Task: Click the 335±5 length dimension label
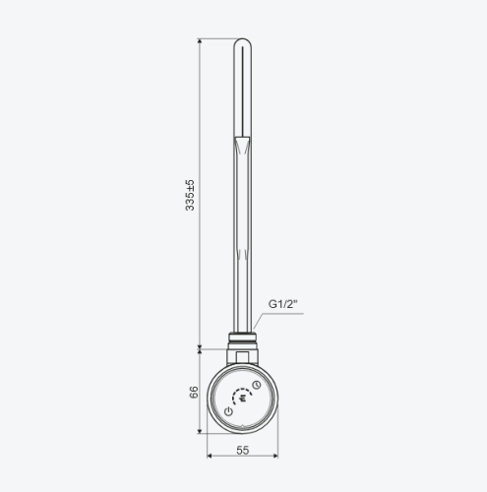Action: pyautogui.click(x=190, y=195)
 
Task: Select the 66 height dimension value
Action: pyautogui.click(x=194, y=393)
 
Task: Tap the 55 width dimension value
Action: pyautogui.click(x=243, y=451)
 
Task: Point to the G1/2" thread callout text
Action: pyautogui.click(x=283, y=304)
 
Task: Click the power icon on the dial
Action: pyautogui.click(x=228, y=411)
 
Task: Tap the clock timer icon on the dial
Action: pyautogui.click(x=257, y=385)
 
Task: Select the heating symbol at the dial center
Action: pyautogui.click(x=243, y=399)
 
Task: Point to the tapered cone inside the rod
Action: pyautogui.click(x=243, y=146)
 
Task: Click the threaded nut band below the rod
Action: pyautogui.click(x=243, y=338)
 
